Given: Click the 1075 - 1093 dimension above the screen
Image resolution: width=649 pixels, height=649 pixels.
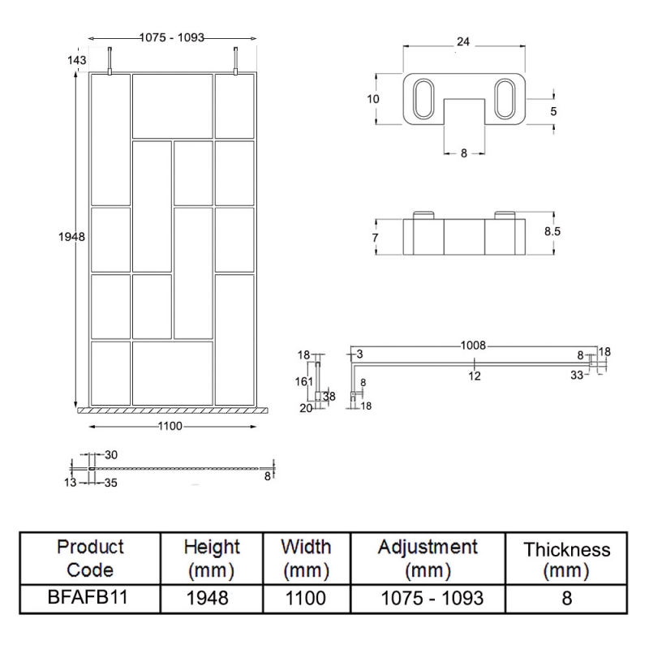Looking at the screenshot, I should pyautogui.click(x=172, y=37).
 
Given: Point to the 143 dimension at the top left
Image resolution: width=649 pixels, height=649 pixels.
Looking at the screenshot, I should pyautogui.click(x=78, y=59).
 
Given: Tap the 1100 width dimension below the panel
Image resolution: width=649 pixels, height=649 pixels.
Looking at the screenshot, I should pyautogui.click(x=170, y=427).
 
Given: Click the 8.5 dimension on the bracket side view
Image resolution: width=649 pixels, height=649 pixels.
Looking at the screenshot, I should pyautogui.click(x=552, y=231).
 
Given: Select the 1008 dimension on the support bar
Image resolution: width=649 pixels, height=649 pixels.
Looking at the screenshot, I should pyautogui.click(x=474, y=346).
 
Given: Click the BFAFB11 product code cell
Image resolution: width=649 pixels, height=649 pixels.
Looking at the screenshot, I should pyautogui.click(x=90, y=599).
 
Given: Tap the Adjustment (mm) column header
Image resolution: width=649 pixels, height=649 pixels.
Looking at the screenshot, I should pyautogui.click(x=427, y=559).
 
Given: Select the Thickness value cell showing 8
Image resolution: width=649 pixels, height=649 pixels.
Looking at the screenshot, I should pyautogui.click(x=566, y=599).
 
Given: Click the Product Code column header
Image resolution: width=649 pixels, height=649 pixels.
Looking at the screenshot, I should pyautogui.click(x=90, y=559).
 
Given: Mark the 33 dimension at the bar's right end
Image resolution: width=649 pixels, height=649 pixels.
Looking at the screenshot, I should pyautogui.click(x=577, y=375).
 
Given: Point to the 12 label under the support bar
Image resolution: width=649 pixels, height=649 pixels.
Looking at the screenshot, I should pyautogui.click(x=475, y=376).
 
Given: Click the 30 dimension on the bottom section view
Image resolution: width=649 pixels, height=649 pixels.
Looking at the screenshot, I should pyautogui.click(x=111, y=454).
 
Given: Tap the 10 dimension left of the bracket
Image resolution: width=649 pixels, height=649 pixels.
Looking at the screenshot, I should pyautogui.click(x=373, y=99).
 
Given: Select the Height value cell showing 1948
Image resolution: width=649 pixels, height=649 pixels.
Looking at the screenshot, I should pyautogui.click(x=213, y=599).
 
